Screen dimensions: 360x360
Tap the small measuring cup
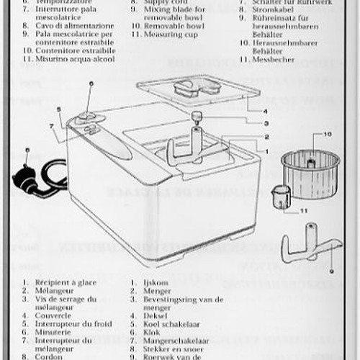click(281, 196)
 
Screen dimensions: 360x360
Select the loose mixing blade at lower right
click(310, 248)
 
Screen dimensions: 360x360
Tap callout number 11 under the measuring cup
click(303, 211)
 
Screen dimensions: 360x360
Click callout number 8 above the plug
click(27, 151)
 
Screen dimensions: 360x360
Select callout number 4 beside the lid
click(266, 112)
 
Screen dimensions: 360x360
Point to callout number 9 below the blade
click(330, 271)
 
